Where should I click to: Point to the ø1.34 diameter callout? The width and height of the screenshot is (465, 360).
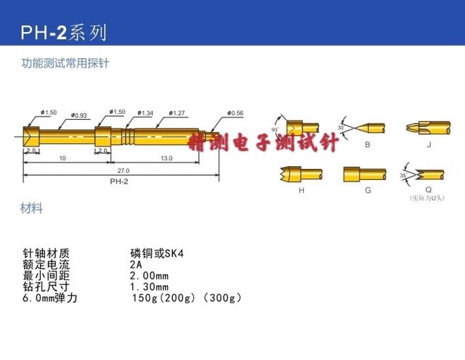click(x=145, y=112)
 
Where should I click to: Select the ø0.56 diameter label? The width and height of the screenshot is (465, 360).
click(x=235, y=113)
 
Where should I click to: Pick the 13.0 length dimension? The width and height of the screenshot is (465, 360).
click(x=166, y=157)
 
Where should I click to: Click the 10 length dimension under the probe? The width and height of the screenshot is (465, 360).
click(x=63, y=157)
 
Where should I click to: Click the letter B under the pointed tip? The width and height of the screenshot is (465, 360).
click(x=368, y=145)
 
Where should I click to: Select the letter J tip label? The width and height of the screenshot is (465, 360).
click(x=429, y=145)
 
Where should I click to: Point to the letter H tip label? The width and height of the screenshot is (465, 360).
click(x=299, y=190)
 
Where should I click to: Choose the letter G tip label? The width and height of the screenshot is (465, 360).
click(x=368, y=190)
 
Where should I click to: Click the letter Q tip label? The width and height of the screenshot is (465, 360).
click(x=429, y=190)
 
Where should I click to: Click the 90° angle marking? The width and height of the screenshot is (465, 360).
click(x=275, y=129)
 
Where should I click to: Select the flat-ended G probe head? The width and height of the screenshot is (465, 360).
click(x=361, y=174)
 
